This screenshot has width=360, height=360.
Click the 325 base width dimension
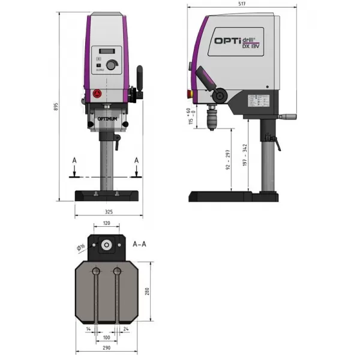point(109,212)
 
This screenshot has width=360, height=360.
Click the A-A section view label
point(139,244)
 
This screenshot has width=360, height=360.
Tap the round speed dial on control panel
point(111,65)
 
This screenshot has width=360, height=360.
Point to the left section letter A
point(74,161)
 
